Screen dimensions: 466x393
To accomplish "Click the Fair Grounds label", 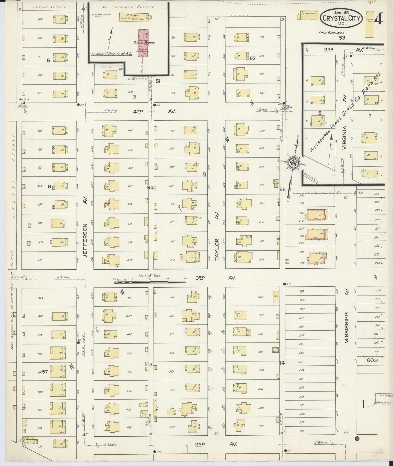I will click(x=332, y=33).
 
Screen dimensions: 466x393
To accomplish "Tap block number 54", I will click(x=150, y=187).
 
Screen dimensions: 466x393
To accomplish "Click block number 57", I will click(x=45, y=372).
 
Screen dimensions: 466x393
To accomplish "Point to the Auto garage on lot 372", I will click(x=276, y=296).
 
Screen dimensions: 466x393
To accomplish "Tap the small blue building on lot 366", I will click(x=276, y=350).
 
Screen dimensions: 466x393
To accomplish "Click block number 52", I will click(x=253, y=58).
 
